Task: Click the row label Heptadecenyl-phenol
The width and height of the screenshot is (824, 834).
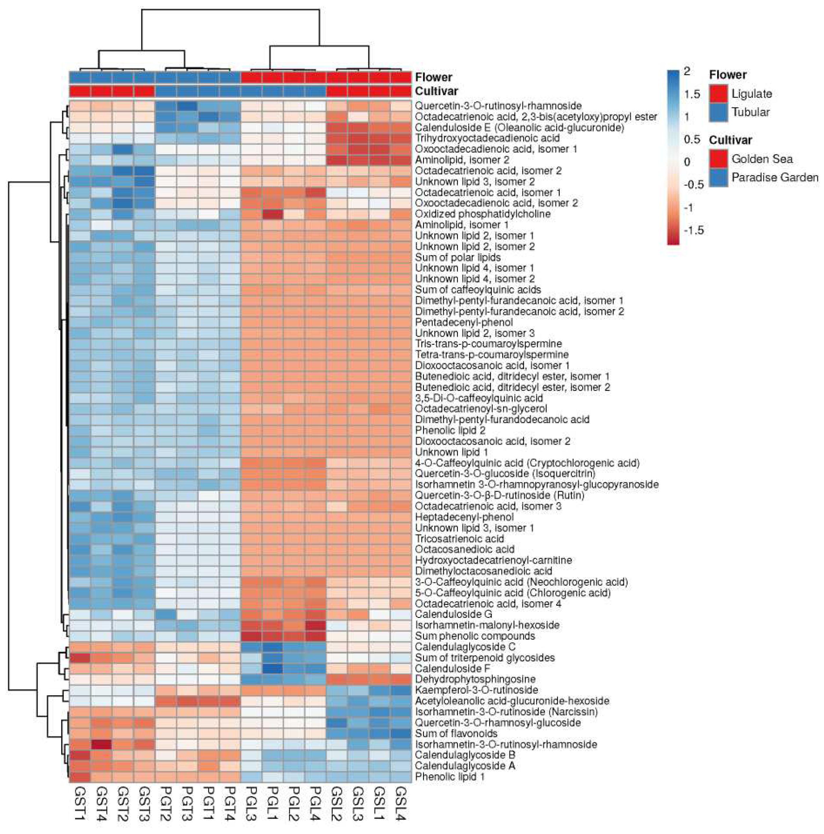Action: tap(464, 517)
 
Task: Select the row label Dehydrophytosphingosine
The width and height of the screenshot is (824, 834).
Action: tap(475, 679)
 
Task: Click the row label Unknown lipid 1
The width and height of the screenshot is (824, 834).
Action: tap(451, 452)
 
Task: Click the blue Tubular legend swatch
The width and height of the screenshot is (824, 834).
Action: tap(719, 112)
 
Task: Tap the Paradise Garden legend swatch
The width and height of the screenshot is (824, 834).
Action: tap(719, 177)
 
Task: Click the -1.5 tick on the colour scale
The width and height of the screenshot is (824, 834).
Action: tap(694, 230)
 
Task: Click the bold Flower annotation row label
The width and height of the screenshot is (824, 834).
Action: tap(433, 77)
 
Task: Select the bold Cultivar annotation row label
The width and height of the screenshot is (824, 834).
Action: tap(436, 91)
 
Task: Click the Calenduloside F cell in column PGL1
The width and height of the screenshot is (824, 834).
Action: tap(273, 668)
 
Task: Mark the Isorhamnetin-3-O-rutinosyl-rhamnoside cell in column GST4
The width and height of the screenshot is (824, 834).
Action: tap(101, 744)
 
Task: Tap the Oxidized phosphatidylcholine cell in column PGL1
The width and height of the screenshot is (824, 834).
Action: tap(273, 214)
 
